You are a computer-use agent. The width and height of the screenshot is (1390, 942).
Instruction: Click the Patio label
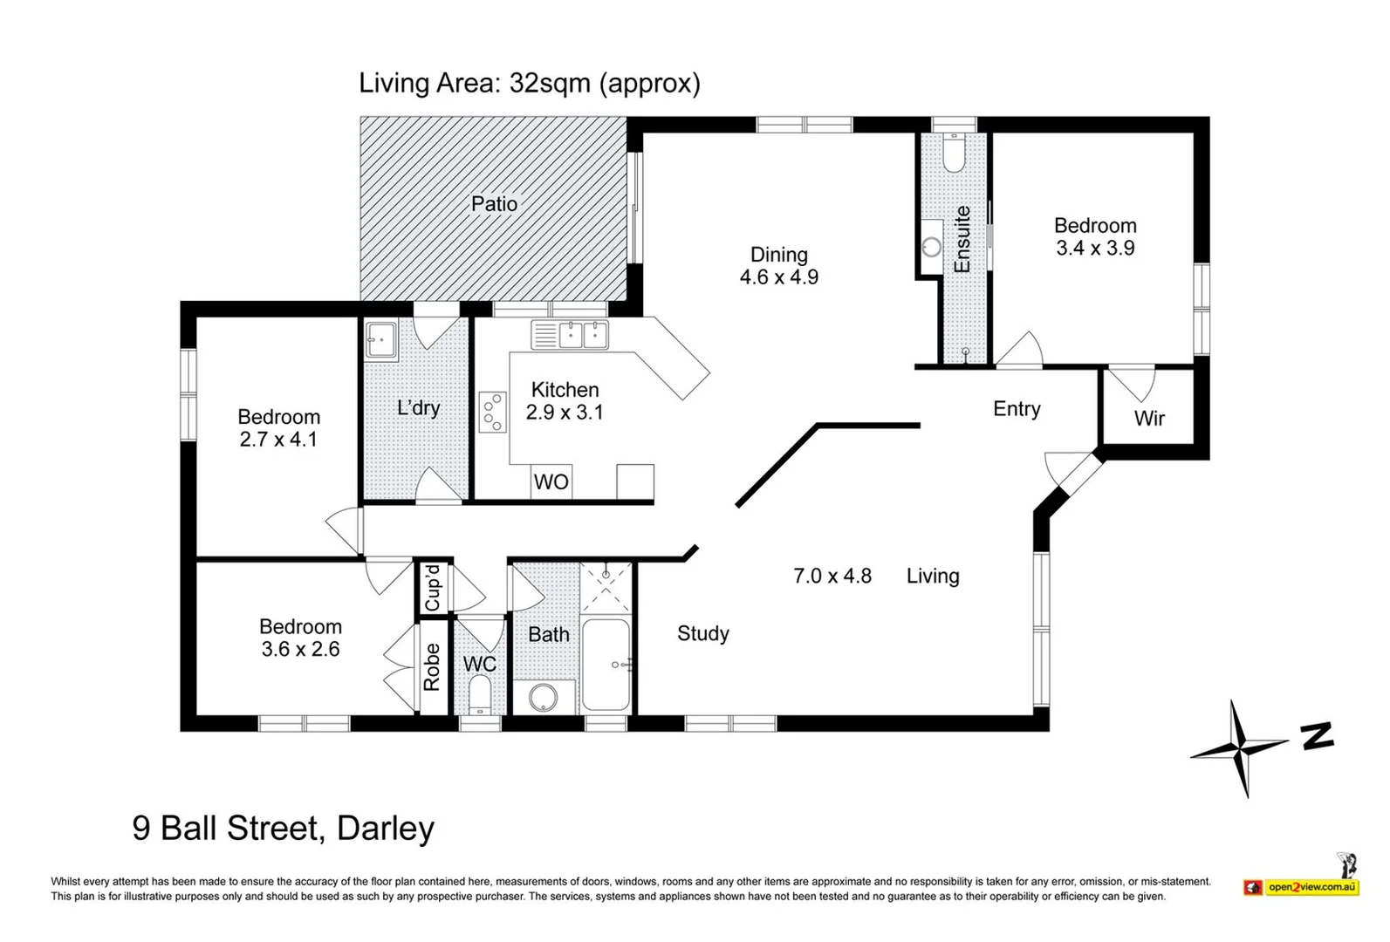pyautogui.click(x=494, y=204)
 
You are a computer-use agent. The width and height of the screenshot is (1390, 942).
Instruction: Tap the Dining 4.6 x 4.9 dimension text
pyautogui.click(x=779, y=276)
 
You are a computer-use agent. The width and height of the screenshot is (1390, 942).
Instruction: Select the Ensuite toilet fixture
pyautogui.click(x=954, y=153)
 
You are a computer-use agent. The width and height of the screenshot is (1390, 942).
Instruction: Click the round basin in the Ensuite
pyautogui.click(x=932, y=247)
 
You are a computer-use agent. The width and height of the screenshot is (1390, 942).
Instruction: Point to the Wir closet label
pyautogui.click(x=1149, y=419)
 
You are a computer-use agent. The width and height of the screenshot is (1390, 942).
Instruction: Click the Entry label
pyautogui.click(x=1017, y=409)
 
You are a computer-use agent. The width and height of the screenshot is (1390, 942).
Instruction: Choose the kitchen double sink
pyautogui.click(x=570, y=335)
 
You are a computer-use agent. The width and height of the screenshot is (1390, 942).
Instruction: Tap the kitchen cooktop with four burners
pyautogui.click(x=493, y=412)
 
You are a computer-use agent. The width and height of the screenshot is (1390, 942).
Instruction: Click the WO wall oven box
pyautogui.click(x=551, y=481)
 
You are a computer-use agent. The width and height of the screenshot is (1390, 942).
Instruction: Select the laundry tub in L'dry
pyautogui.click(x=381, y=340)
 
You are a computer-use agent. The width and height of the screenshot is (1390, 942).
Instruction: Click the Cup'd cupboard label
pyautogui.click(x=433, y=587)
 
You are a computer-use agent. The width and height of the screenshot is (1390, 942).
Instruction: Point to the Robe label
pyautogui.click(x=432, y=666)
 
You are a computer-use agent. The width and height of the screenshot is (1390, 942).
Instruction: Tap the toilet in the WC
pyautogui.click(x=480, y=696)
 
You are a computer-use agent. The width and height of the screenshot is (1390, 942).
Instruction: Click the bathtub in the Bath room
pyautogui.click(x=606, y=664)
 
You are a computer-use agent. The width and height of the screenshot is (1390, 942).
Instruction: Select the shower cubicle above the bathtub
pyautogui.click(x=606, y=588)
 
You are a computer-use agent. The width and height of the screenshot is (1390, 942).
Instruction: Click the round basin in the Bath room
pyautogui.click(x=543, y=698)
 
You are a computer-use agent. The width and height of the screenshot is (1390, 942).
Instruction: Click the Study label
pyautogui.click(x=703, y=633)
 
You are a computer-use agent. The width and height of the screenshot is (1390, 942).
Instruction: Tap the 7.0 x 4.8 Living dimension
pyautogui.click(x=832, y=577)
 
